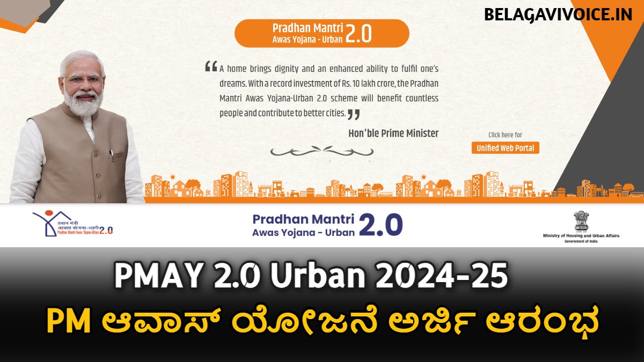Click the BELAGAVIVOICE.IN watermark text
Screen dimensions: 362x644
click(559, 14)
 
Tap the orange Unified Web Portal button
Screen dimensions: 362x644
click(505, 147)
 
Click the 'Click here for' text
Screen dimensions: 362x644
click(505, 135)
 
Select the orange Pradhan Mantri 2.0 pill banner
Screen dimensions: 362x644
click(321, 33)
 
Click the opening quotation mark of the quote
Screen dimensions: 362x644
click(211, 67)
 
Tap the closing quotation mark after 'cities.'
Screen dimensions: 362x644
click(354, 113)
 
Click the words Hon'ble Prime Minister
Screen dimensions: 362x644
click(393, 134)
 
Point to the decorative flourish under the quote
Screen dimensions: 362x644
click(321, 151)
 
